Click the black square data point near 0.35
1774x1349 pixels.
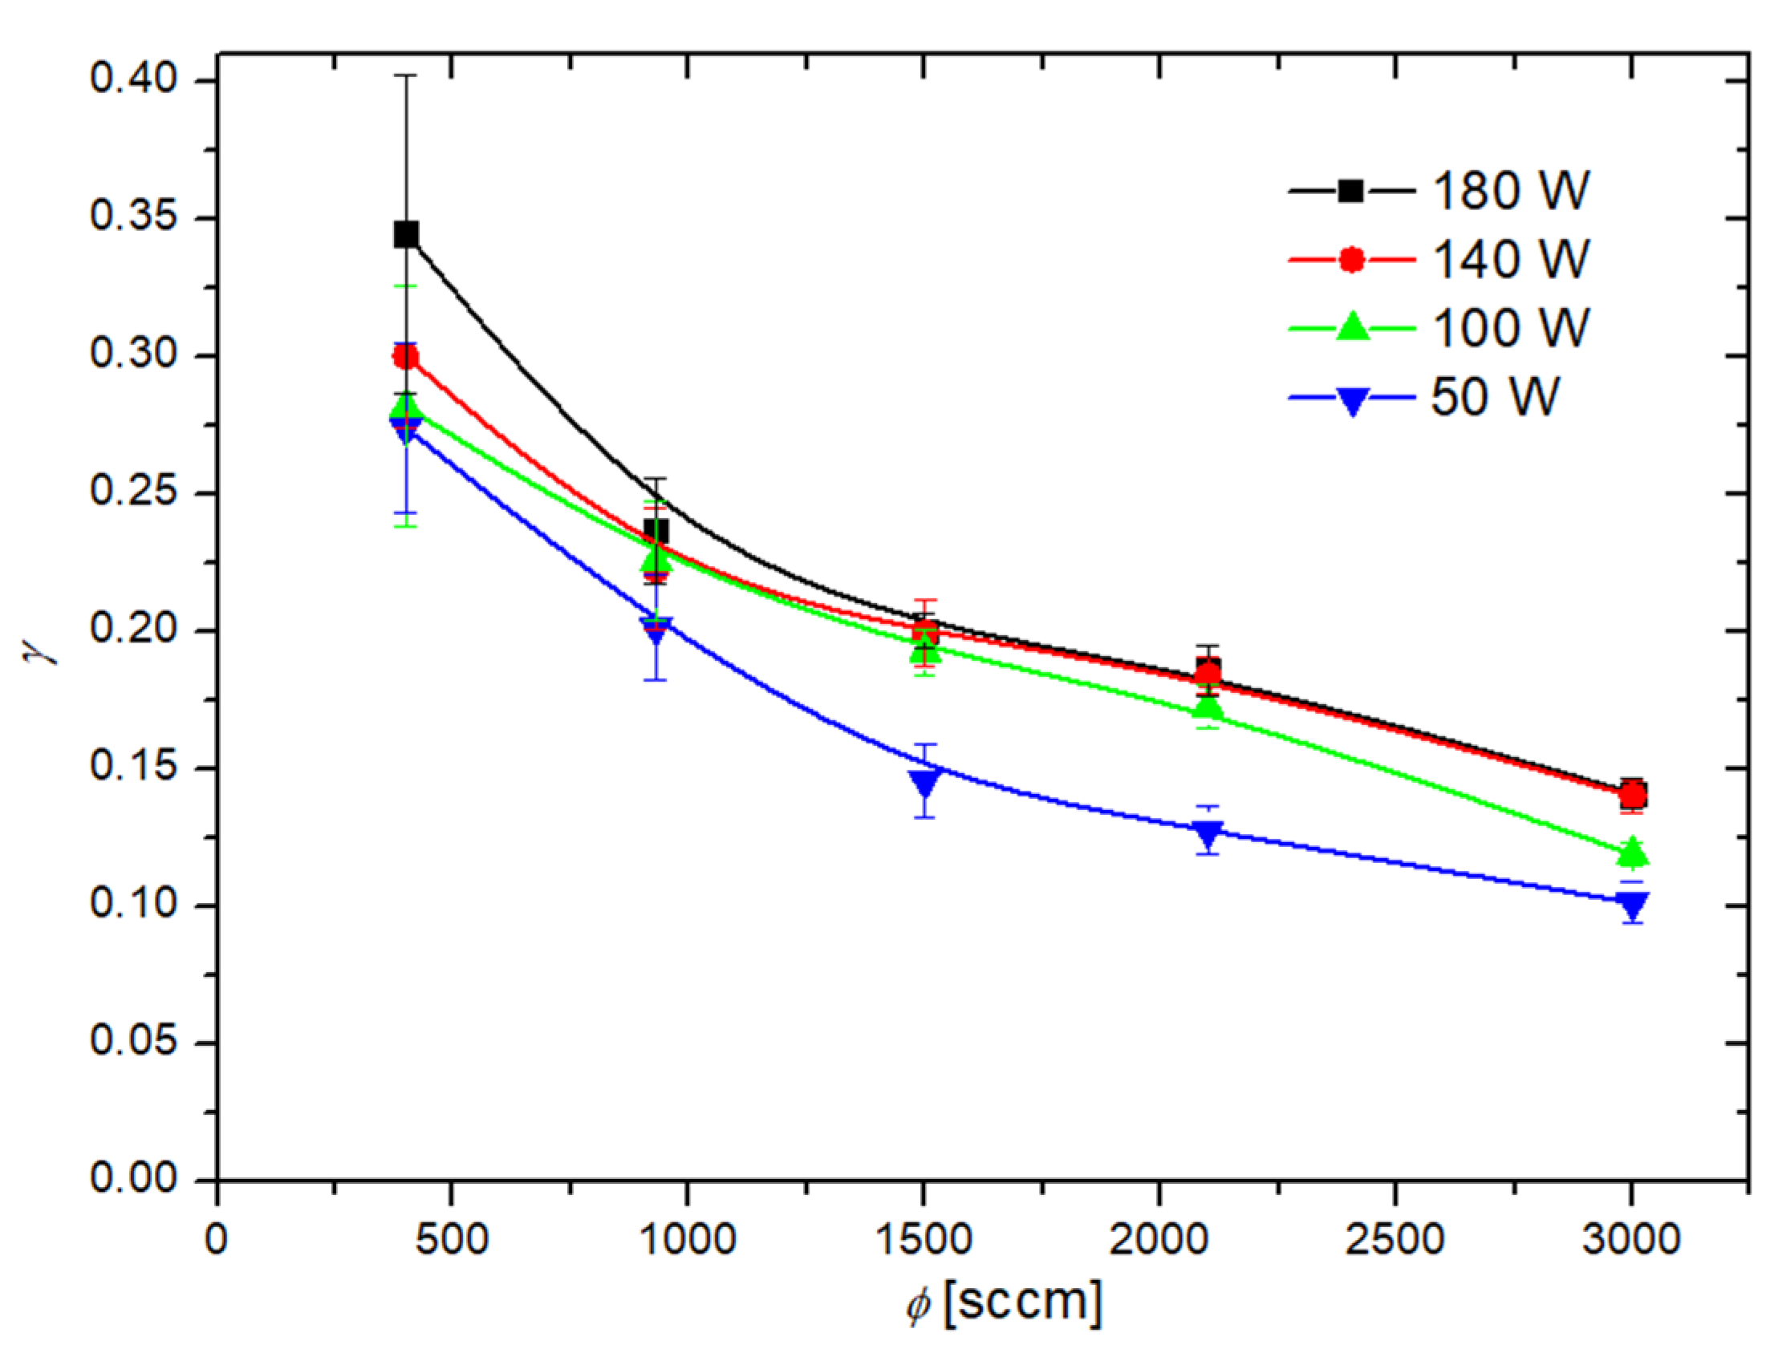406,234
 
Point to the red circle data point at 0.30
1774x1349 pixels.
405,357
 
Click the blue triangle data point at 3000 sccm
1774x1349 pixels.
1632,905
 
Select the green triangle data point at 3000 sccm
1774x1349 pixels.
1632,852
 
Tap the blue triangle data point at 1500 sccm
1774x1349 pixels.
924,781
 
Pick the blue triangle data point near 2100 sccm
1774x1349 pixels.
1208,833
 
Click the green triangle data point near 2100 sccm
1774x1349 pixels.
1208,707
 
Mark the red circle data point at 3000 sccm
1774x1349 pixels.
1632,796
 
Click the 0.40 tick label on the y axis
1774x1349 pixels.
132,80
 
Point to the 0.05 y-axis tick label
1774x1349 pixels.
132,1043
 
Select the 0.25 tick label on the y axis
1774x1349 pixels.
132,492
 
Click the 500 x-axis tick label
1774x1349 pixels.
452,1239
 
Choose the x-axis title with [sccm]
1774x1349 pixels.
1004,1302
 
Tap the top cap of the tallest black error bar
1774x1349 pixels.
406,75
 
